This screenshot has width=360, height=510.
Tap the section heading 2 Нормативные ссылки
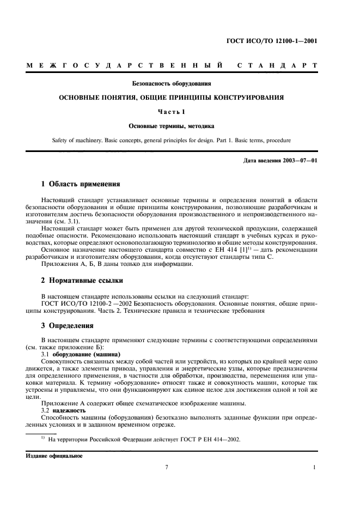click(82, 281)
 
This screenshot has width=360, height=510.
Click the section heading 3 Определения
click(68, 326)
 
